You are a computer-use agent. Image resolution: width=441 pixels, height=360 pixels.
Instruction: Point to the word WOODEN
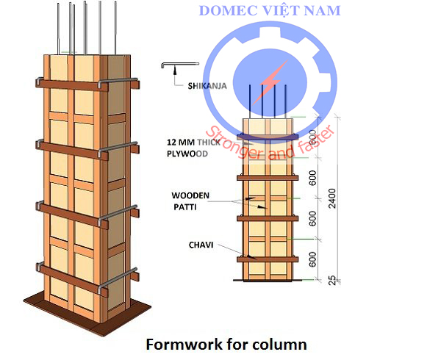(190, 196)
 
